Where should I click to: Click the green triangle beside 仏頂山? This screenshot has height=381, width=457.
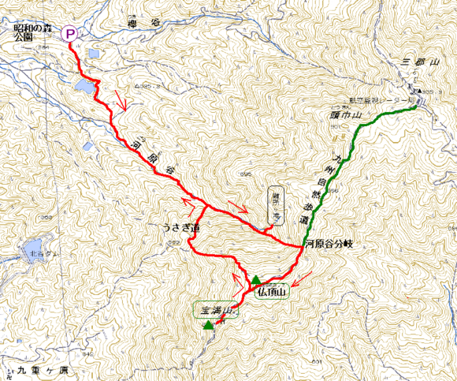[x=256, y=280]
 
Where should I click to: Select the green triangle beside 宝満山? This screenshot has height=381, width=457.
[x=207, y=325]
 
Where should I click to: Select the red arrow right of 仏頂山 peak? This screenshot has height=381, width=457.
[x=301, y=278]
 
